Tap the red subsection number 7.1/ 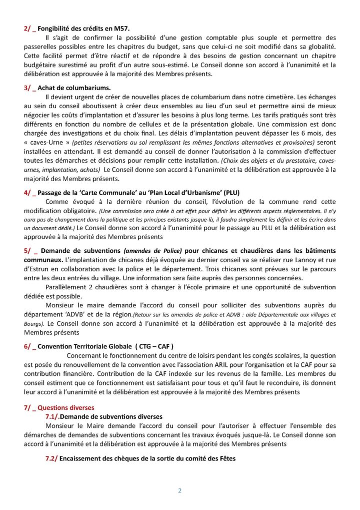(x=51, y=416)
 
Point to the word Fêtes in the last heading (x=226, y=458)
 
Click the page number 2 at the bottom (x=180, y=490)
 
